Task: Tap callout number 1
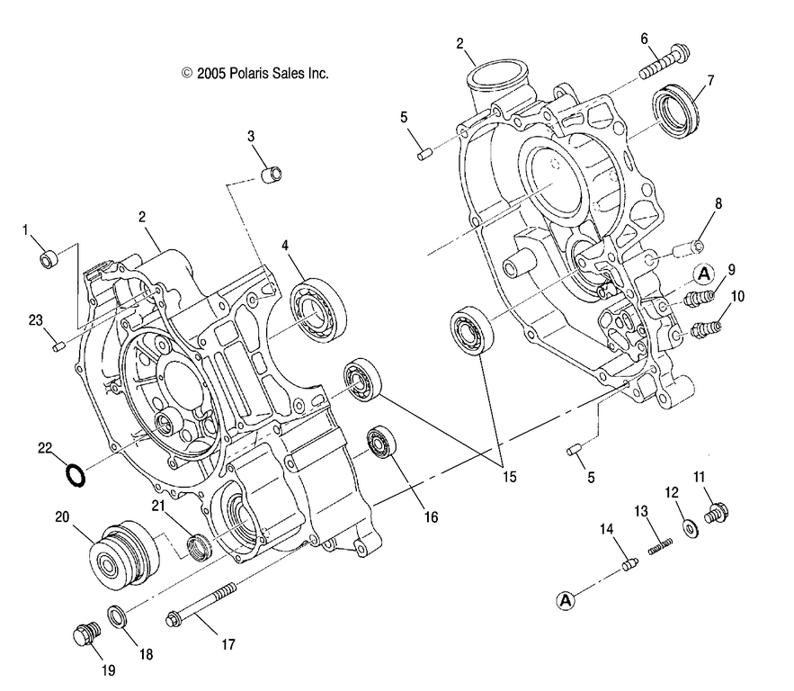pyautogui.click(x=27, y=230)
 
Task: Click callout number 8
pyautogui.click(x=718, y=204)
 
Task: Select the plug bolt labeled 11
pyautogui.click(x=718, y=514)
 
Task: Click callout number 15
pyautogui.click(x=509, y=477)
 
